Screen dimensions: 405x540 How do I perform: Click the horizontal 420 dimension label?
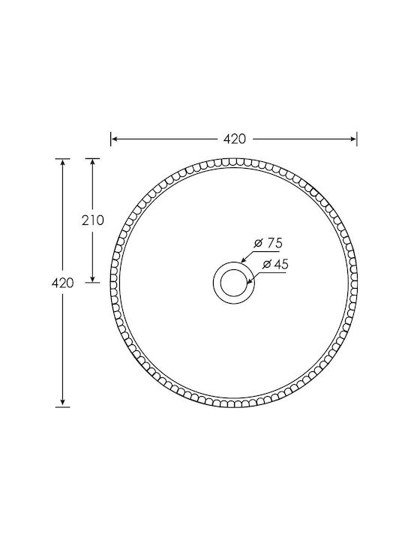click(x=235, y=139)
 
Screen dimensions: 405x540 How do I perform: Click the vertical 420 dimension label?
click(x=63, y=283)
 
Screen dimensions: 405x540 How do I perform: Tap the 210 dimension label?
click(x=93, y=220)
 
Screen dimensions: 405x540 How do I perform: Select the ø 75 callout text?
click(x=268, y=243)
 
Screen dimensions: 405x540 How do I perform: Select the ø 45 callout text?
click(x=275, y=264)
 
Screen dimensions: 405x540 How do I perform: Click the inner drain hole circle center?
click(x=234, y=283)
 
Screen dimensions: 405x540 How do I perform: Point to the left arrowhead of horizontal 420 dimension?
click(x=115, y=139)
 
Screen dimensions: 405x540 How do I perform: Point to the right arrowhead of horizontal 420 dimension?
click(x=352, y=139)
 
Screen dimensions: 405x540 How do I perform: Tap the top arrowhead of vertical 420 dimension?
click(x=62, y=163)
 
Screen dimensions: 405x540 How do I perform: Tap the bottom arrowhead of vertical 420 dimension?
click(x=62, y=403)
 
